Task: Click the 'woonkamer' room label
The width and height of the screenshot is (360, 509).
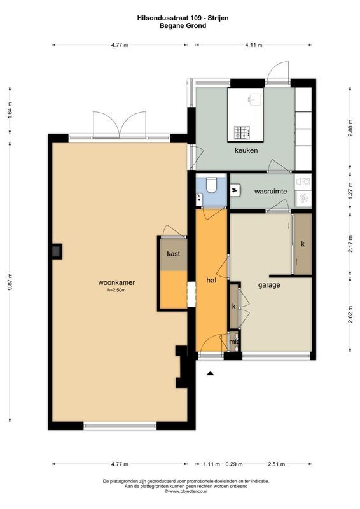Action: (116, 282)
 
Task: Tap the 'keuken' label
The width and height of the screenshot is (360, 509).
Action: (246, 150)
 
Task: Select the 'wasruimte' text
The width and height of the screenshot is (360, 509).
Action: (270, 192)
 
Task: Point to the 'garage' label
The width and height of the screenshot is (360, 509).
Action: (269, 285)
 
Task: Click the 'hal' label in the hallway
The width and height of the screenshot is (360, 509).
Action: (211, 280)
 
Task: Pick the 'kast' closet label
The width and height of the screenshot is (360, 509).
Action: (174, 253)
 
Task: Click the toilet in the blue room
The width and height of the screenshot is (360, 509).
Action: (212, 184)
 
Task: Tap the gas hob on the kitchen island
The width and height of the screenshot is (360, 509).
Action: (242, 132)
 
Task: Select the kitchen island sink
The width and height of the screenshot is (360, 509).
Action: (254, 99)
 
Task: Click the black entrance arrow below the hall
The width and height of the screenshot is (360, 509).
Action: (211, 373)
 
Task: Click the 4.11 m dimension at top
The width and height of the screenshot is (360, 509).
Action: (254, 45)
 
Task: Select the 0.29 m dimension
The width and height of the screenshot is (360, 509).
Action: (234, 464)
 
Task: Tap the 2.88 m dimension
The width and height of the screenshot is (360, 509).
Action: (350, 129)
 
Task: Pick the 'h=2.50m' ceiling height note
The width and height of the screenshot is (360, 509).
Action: (116, 290)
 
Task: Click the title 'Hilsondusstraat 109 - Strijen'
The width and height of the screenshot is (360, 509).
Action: (183, 18)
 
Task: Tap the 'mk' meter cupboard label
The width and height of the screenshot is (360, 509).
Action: (233, 342)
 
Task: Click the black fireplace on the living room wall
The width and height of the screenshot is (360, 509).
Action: (57, 251)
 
